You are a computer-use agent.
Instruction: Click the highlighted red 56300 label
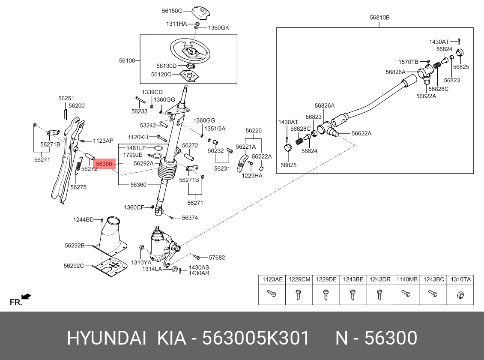[104, 164]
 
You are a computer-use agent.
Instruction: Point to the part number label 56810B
[379, 18]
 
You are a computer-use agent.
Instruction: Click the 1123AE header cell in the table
[272, 279]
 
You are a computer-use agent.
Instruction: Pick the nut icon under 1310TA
[461, 294]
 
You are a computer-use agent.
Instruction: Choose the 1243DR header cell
[380, 279]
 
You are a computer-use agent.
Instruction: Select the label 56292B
[75, 246]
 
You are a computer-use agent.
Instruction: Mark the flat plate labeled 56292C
[109, 268]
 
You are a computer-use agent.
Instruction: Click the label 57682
[217, 258]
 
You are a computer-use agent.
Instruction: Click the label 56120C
[161, 74]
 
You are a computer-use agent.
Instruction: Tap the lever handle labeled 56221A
[242, 164]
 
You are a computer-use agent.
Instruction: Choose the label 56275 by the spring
[78, 187]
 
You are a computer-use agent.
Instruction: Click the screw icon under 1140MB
[406, 294]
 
